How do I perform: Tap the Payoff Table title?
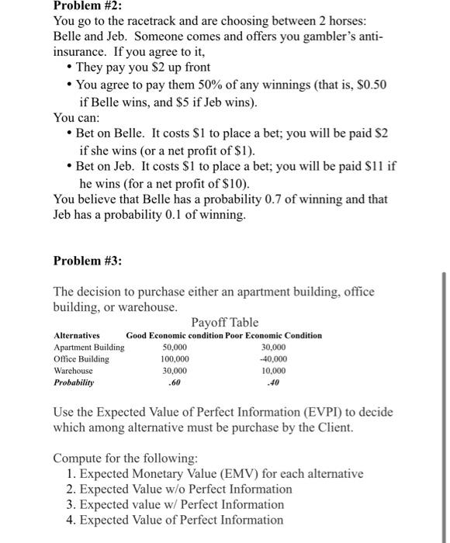click(225, 322)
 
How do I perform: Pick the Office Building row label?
click(81, 359)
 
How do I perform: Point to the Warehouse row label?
click(73, 371)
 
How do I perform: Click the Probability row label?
click(74, 383)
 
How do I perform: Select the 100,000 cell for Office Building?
click(175, 359)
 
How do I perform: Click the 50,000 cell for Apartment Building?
click(175, 348)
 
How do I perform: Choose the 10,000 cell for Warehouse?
click(275, 371)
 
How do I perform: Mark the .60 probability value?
click(175, 383)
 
